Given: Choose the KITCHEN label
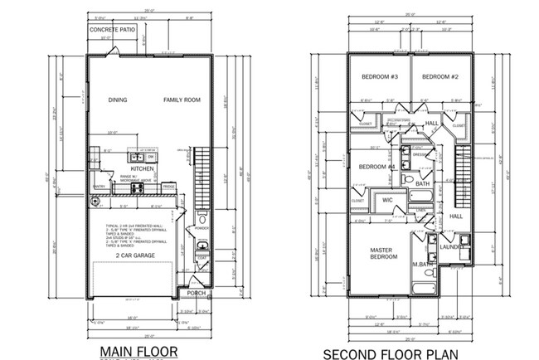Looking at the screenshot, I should pyautogui.click(x=143, y=168).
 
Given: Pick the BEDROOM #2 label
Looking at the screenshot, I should pyautogui.click(x=441, y=77).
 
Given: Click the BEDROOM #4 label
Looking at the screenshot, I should pyautogui.click(x=376, y=168).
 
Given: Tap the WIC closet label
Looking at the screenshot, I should pyautogui.click(x=386, y=200).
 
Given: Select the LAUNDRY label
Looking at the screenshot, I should pyautogui.click(x=452, y=246).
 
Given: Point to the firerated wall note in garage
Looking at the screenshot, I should pyautogui.click(x=141, y=236).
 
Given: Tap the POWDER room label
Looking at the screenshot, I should pyautogui.click(x=200, y=226).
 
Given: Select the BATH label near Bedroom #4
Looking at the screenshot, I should pyautogui.click(x=423, y=183).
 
